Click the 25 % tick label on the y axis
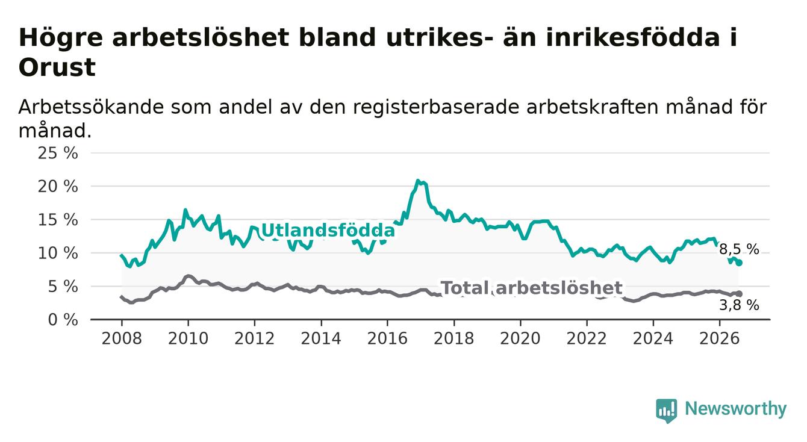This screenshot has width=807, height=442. pos(58,153)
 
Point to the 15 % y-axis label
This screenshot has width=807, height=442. pos(58,220)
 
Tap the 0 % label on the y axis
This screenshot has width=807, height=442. pos(63,320)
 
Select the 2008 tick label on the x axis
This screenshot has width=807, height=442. pos(122,339)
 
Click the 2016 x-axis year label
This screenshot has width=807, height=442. pos(387,339)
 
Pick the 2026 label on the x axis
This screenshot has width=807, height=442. pos(720,339)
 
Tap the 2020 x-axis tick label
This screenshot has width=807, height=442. pos(520,339)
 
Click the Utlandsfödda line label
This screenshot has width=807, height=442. pos(328,231)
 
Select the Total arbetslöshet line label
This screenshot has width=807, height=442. pos(532,288)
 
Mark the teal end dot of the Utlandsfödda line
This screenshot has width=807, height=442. pos(740,263)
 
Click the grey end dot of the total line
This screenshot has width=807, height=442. pos(740,294)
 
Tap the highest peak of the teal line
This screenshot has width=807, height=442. pos(417,181)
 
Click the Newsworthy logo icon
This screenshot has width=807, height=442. pos(667,411)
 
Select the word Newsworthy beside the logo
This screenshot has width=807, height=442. pos(736,409)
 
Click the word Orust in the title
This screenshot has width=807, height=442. pos(57,67)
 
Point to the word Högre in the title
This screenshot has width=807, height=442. pos(61,38)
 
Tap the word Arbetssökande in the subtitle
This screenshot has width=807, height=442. pos(91,107)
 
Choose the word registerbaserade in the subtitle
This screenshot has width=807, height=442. pos(435,107)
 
